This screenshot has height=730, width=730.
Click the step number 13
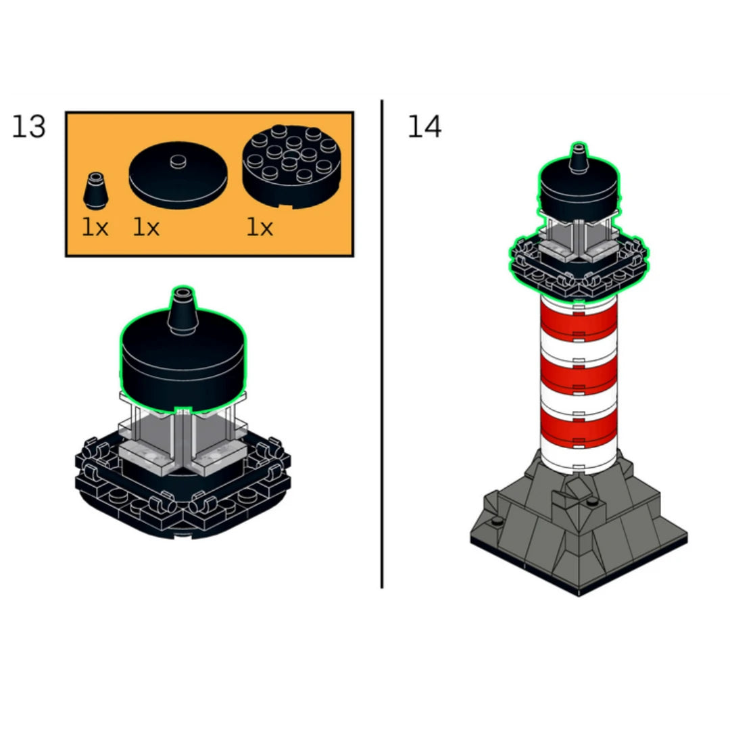pos(29,126)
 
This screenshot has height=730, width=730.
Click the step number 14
pos(424,126)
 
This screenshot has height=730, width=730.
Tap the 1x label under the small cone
pos(95,228)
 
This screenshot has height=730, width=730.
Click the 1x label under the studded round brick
pos(260,228)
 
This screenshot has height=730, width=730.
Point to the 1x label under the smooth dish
pos(146,228)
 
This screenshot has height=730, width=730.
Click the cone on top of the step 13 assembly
pos(182,311)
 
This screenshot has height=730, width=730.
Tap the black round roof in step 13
pos(183,363)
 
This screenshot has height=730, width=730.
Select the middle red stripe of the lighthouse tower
pos(579,372)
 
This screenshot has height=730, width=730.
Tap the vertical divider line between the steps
pos(382,343)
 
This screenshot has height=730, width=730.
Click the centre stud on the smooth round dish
pos(178,162)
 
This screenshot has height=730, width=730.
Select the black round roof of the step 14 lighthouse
pos(579,189)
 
